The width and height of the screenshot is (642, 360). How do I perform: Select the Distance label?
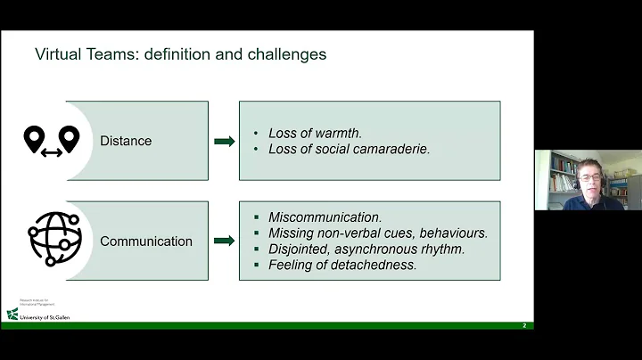coord(126,141)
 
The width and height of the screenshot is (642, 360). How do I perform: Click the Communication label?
coord(146,241)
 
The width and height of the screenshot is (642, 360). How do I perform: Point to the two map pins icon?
coord(51,140)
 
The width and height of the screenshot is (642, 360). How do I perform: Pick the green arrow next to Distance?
coord(225,141)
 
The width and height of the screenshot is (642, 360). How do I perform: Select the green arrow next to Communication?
coord(225,241)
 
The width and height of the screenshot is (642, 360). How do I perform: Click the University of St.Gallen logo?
coord(39,314)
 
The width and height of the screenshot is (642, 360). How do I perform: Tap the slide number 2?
coord(524,325)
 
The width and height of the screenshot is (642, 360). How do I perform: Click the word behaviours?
coord(455,233)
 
